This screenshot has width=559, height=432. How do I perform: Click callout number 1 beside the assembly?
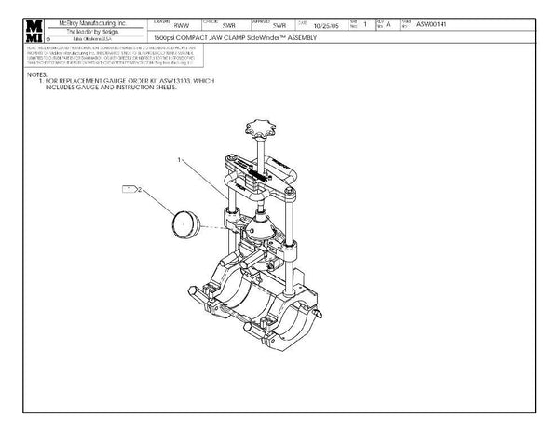point(178,160)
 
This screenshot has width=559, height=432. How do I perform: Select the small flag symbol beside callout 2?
point(130,188)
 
